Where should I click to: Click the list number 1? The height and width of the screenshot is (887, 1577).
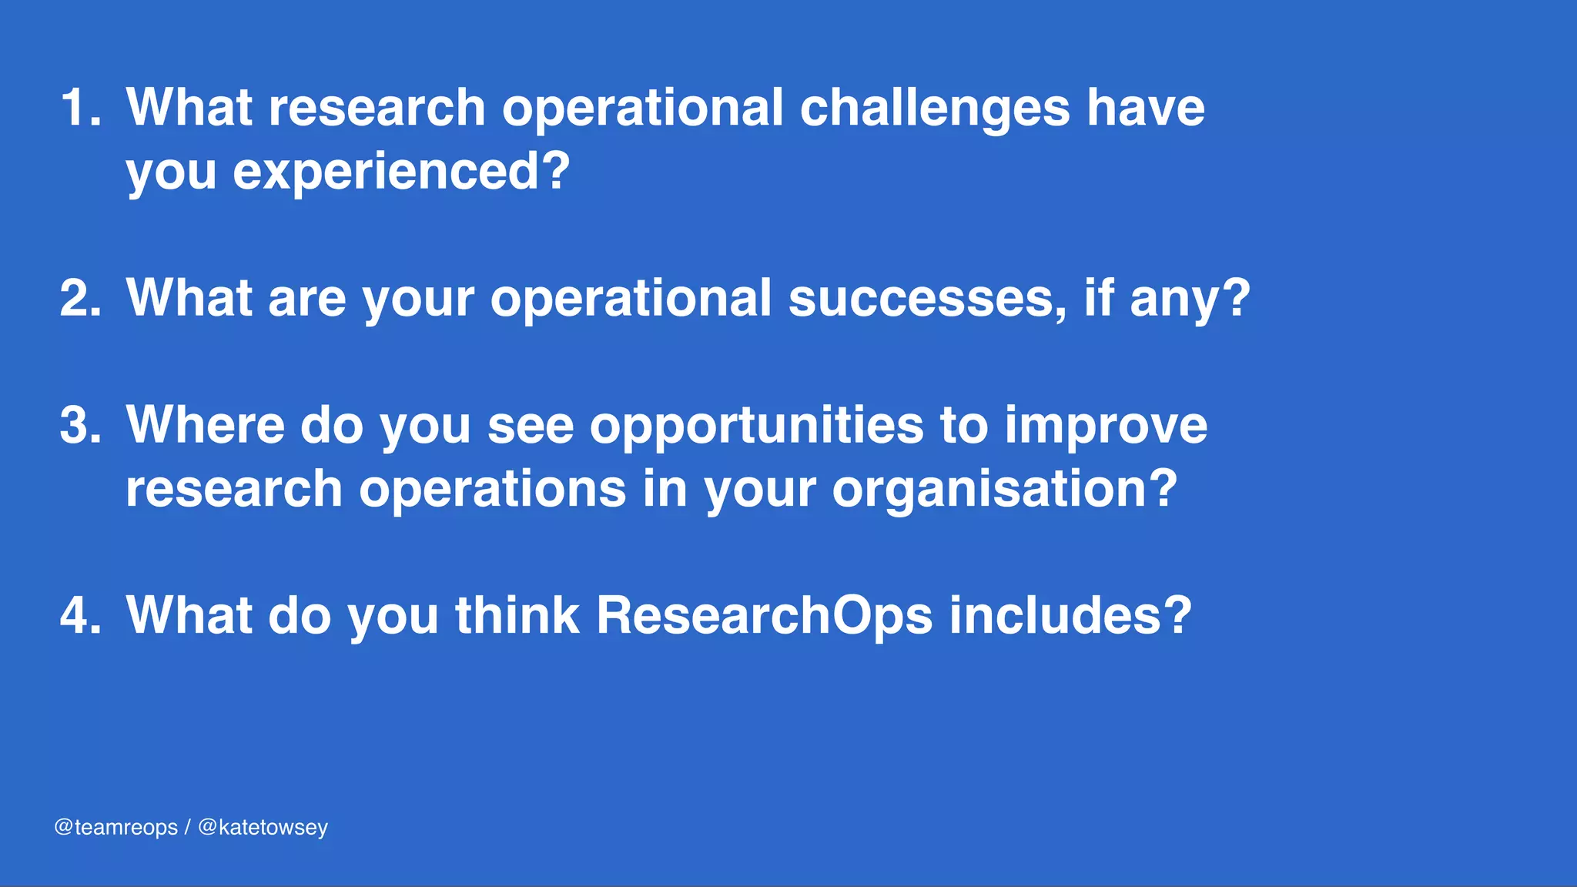pos(80,107)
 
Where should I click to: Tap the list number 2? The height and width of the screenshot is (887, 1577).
pos(80,298)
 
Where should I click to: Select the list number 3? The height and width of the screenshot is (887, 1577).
pos(80,425)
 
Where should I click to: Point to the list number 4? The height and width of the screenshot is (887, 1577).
pos(80,615)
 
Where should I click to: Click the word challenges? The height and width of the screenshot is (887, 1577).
pos(934,109)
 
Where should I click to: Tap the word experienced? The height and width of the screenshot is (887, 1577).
pos(401,172)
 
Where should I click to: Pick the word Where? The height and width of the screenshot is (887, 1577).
pos(206,425)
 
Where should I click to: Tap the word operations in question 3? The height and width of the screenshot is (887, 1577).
pos(493,490)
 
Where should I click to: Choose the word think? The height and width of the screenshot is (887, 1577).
pos(517,615)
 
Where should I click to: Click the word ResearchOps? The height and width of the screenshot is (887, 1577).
pos(764,617)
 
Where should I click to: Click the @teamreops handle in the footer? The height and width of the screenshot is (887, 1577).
pos(116,828)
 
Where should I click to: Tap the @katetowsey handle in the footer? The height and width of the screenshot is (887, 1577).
pos(263,828)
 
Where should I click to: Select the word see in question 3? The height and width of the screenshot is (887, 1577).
pos(531,427)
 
